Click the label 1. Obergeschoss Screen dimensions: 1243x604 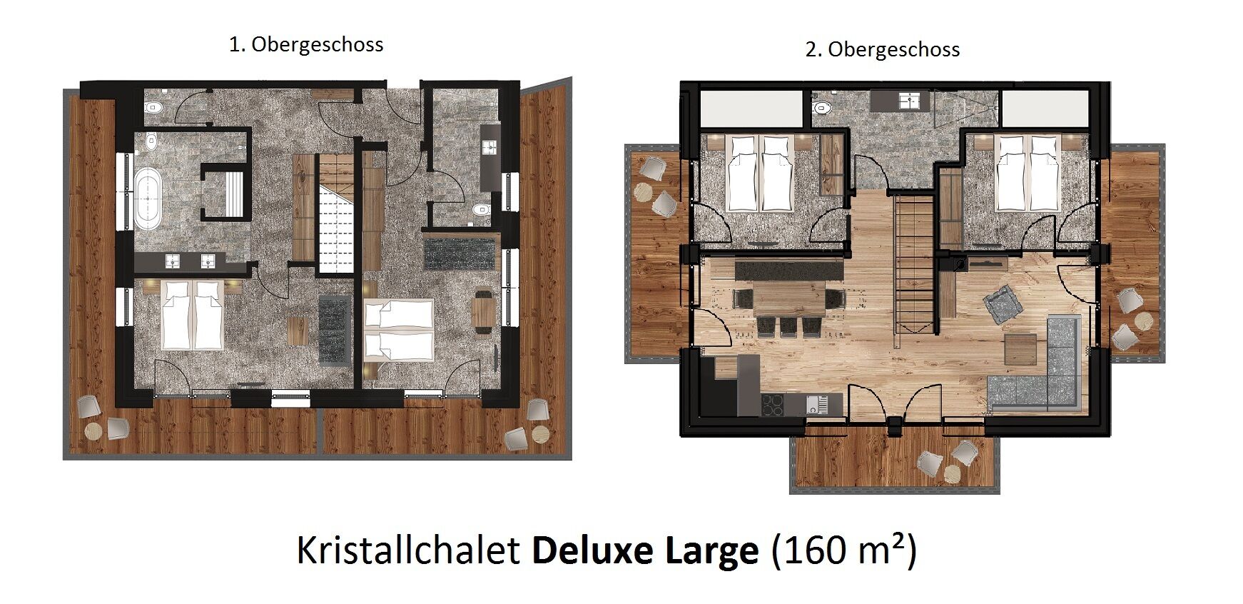tap(306, 45)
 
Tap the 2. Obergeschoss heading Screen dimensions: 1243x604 tap(883, 50)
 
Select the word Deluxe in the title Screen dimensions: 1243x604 tap(592, 550)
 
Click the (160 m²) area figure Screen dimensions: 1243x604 tap(844, 550)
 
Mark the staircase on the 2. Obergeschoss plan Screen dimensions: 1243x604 tap(914, 264)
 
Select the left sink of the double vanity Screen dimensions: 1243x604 tap(173, 261)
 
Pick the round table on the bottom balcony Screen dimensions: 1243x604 tap(953, 474)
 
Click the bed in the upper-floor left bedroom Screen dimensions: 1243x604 tap(759, 173)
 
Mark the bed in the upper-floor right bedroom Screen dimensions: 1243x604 tap(1026, 173)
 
